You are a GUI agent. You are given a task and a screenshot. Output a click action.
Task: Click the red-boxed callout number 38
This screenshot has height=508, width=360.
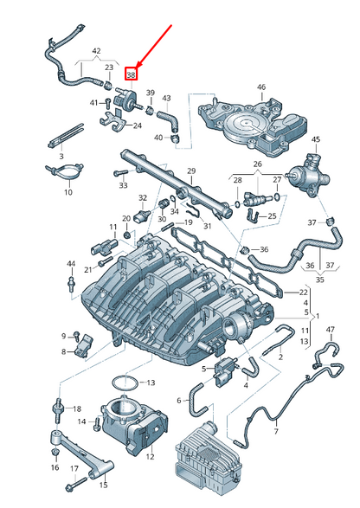point(132,75)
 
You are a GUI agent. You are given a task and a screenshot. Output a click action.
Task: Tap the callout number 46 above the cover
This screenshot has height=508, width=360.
point(261,87)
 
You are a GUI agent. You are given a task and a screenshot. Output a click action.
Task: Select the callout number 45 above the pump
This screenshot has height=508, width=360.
point(316,139)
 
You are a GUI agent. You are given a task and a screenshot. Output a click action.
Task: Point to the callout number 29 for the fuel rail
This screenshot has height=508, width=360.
point(191,171)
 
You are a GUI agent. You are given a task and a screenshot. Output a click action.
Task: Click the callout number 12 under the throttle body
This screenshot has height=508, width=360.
point(150,457)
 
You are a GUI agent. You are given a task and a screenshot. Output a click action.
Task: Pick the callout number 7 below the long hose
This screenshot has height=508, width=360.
point(276,431)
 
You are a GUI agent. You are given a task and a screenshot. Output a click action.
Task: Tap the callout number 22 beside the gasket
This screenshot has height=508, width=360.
point(303,293)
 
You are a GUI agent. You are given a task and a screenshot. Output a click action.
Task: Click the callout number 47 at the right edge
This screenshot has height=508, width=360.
point(331,330)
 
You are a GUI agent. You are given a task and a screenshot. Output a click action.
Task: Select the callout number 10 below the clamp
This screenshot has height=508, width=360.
point(68,192)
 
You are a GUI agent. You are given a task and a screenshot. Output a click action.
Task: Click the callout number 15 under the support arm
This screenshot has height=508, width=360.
point(103,485)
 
